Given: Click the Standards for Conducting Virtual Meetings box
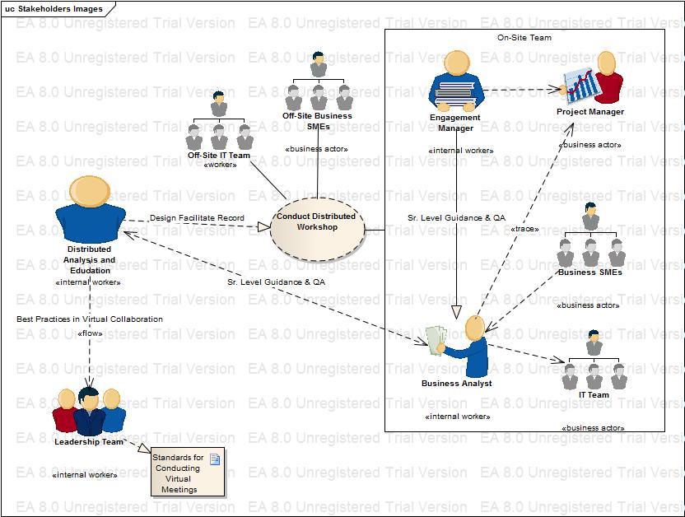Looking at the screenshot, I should (187, 473).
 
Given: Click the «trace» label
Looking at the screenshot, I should (524, 229).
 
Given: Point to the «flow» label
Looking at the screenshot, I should (90, 333).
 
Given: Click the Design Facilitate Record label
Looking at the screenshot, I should (197, 218).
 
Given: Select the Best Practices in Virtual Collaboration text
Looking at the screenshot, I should (90, 319).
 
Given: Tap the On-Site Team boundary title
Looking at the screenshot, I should (524, 38).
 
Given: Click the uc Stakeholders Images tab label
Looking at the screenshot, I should (54, 9).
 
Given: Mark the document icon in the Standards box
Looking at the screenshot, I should (214, 459).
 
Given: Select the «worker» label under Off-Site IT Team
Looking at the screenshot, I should (219, 165).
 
